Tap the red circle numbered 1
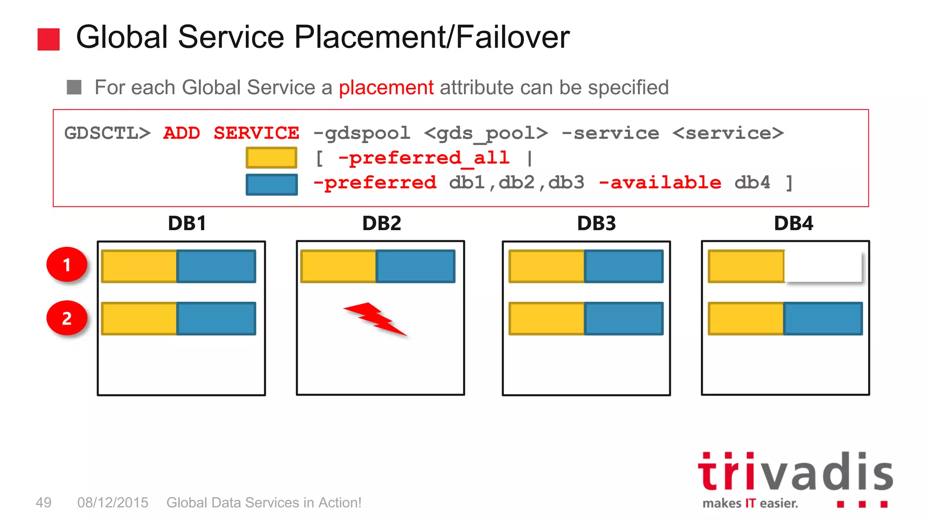click(67, 265)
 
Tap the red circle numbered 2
click(67, 318)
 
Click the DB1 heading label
click(187, 223)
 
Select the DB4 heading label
click(793, 223)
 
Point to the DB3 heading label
click(596, 223)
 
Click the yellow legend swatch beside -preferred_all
click(271, 158)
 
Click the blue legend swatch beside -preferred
click(271, 184)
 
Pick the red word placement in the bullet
click(386, 87)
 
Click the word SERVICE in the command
click(256, 133)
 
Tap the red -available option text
click(660, 183)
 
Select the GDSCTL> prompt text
click(107, 133)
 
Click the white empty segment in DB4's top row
click(823, 266)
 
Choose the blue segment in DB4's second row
click(823, 319)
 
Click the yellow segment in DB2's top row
click(338, 266)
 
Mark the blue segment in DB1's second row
click(216, 319)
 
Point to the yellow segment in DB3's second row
click(547, 319)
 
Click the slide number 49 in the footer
click(44, 503)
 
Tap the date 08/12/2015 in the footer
click(112, 503)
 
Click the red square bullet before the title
click(49, 39)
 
